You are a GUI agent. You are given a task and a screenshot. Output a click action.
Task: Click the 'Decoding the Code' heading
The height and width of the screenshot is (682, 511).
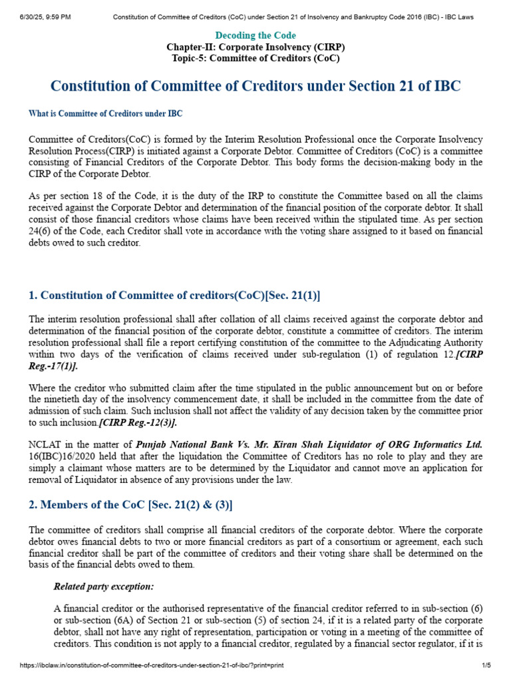click(x=255, y=35)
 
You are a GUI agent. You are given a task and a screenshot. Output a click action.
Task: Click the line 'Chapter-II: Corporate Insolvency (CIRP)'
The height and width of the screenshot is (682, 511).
click(x=255, y=47)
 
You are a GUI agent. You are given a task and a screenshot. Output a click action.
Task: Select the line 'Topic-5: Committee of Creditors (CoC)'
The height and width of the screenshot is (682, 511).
click(x=255, y=58)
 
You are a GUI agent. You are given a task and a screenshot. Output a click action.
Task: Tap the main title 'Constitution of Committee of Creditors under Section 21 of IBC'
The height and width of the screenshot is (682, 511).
click(x=255, y=87)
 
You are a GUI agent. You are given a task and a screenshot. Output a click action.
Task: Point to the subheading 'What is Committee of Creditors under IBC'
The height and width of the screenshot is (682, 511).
click(x=105, y=114)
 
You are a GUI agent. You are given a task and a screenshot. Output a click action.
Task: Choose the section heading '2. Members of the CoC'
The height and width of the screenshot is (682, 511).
click(x=130, y=505)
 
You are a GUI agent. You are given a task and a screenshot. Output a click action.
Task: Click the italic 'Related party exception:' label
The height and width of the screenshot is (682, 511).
click(x=104, y=587)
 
